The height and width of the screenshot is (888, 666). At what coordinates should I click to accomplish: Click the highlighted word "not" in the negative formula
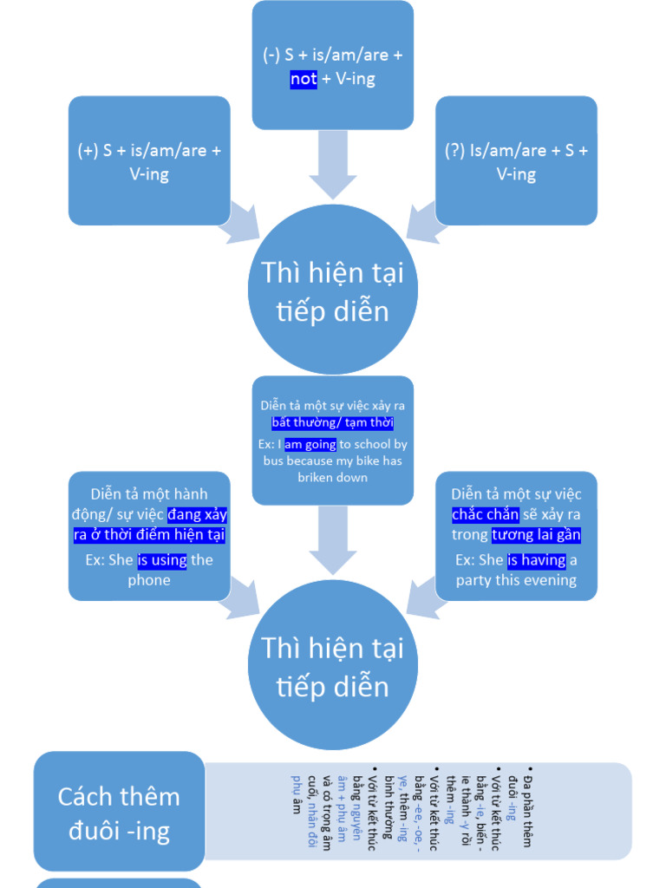click(304, 80)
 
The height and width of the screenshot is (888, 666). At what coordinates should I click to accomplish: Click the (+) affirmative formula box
click(149, 161)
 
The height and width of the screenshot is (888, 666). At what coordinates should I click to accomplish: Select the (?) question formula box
click(516, 161)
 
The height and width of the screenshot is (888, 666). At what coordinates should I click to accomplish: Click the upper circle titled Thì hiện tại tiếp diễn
click(332, 291)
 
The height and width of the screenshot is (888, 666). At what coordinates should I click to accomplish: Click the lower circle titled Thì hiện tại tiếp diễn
click(332, 665)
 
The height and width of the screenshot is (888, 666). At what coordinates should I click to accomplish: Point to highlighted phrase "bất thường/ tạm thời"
click(332, 423)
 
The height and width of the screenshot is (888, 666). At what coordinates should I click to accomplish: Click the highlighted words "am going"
click(310, 444)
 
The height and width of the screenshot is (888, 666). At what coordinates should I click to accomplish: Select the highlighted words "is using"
click(162, 560)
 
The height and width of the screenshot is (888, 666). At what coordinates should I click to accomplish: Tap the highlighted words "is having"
click(537, 560)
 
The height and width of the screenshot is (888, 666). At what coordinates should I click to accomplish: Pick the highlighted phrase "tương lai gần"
click(536, 535)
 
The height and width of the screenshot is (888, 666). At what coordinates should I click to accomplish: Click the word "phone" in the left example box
click(149, 580)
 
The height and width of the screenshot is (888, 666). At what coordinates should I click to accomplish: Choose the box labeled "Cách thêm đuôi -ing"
click(120, 813)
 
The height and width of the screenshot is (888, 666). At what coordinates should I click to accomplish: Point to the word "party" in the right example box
click(473, 580)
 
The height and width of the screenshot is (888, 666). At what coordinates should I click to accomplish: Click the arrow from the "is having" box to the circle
click(424, 597)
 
